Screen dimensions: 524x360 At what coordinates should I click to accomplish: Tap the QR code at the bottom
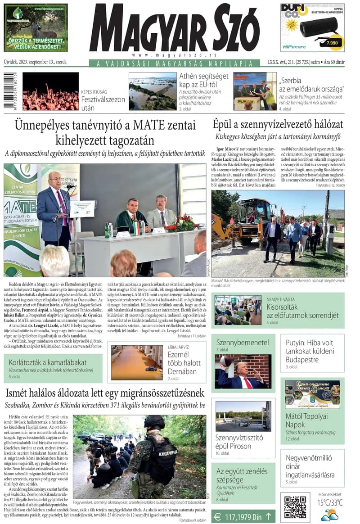(x=295, y=507)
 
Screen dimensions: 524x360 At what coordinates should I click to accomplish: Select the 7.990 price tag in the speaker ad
(x=333, y=43)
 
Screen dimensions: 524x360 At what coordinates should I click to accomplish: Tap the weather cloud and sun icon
(x=329, y=515)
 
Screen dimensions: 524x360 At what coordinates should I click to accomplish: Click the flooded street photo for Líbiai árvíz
(x=137, y=362)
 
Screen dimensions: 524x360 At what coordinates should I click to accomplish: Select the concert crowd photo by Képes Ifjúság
(x=50, y=91)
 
